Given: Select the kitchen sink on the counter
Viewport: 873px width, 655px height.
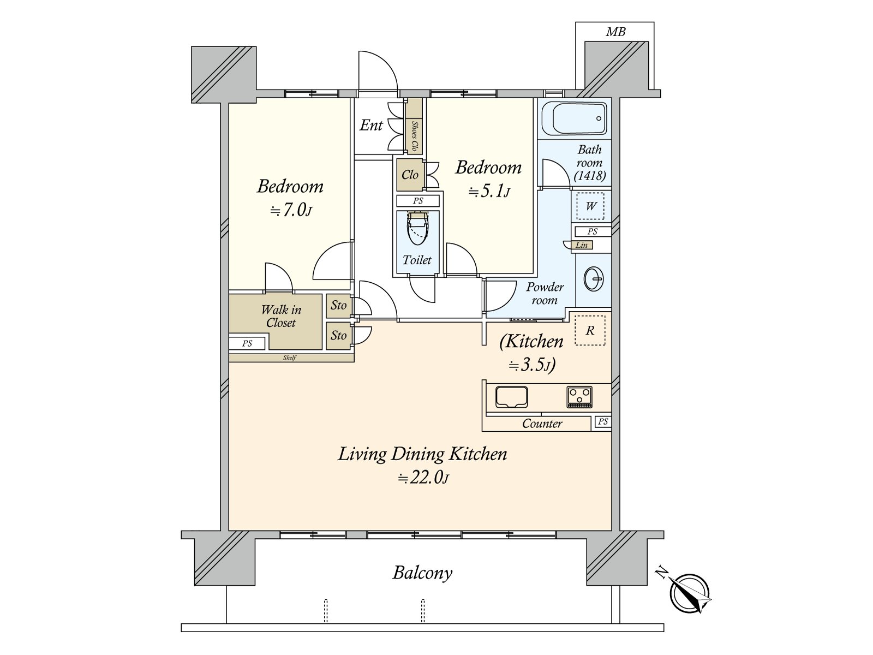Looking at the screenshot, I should (x=511, y=397).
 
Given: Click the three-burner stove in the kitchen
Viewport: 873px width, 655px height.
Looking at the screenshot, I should (x=579, y=397).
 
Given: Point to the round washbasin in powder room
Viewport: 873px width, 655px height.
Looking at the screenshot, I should (x=593, y=279).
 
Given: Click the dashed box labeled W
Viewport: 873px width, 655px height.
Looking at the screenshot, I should (x=590, y=206).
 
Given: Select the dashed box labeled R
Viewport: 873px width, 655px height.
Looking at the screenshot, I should (x=590, y=330).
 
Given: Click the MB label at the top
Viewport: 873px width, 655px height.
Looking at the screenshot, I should (x=615, y=32).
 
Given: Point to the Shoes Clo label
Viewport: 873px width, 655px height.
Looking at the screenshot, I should (x=414, y=135).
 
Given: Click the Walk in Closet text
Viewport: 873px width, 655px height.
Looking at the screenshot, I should (x=281, y=316).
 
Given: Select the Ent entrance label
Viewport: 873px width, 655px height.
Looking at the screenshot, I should (x=371, y=126).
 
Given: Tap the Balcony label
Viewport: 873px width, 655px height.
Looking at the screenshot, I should (x=422, y=573).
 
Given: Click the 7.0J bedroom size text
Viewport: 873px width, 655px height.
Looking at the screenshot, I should (x=291, y=210).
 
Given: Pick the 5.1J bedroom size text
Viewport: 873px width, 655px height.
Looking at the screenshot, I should (x=489, y=191).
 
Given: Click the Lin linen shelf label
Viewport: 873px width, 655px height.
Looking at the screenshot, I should (x=582, y=245).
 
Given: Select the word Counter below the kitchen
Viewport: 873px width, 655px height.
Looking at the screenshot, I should (x=542, y=424).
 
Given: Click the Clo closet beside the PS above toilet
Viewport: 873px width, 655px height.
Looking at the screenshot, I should (x=410, y=175).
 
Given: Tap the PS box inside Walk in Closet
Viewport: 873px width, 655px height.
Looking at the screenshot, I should (x=247, y=343).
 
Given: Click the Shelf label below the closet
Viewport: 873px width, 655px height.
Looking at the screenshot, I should (x=289, y=358).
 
